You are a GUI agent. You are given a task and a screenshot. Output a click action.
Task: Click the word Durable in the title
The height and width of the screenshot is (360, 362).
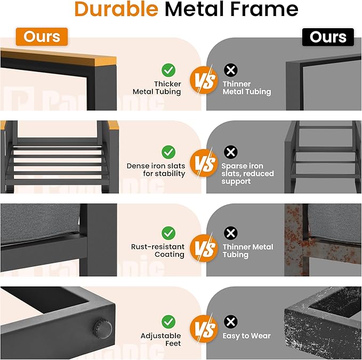click(116, 9)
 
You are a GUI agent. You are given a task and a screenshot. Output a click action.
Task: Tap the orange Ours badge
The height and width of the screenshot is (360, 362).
click(42, 37)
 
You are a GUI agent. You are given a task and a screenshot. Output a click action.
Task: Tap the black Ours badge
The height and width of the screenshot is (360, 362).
click(328, 37)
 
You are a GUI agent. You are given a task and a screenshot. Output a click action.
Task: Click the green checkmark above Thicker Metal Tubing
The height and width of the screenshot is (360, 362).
click(168, 70)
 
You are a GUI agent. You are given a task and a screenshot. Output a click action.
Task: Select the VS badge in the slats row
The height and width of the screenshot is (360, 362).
click(204, 163)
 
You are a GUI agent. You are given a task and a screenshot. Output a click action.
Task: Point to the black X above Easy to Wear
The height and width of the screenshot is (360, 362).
click(230, 322)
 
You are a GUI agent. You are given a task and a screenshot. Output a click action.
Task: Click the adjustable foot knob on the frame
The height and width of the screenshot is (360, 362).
click(102, 329)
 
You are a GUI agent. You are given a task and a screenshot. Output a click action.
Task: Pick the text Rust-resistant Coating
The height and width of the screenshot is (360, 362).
click(158, 250)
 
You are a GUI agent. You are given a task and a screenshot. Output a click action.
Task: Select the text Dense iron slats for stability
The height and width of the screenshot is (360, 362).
click(156, 170)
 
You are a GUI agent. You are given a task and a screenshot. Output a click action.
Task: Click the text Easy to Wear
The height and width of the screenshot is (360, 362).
click(246, 336)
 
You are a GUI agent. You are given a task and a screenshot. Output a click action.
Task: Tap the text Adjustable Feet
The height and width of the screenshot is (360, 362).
click(160, 339)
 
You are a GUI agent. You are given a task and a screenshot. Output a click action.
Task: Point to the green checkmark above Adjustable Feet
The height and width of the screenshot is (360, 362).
click(168, 322)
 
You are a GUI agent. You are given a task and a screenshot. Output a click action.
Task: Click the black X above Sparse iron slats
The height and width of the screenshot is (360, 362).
click(230, 152)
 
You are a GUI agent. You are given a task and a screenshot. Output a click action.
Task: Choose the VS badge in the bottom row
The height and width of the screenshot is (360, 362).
click(204, 329)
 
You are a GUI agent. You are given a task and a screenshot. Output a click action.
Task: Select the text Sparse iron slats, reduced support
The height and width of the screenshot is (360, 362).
click(248, 174)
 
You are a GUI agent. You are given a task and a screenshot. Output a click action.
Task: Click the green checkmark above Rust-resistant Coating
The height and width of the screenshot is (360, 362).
click(168, 233)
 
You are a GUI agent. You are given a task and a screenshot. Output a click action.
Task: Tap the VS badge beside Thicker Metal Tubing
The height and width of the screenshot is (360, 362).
click(204, 80)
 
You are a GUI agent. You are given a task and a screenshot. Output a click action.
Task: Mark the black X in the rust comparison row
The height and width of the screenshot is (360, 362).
click(230, 233)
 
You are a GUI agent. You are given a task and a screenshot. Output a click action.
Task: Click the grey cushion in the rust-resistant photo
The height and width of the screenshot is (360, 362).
click(41, 223)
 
